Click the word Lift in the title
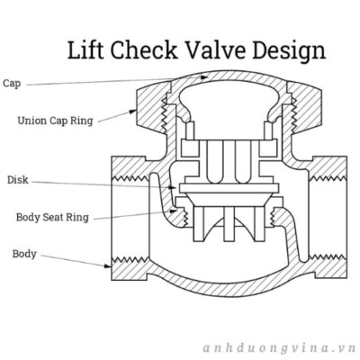coord(86,49)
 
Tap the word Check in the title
coord(144,49)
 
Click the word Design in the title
coord(289,51)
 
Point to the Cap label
coord(12,84)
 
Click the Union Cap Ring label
coord(55,121)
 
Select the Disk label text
coord(18,180)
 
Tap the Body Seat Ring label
coord(52,217)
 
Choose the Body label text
coord(24,254)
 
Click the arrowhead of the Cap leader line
coord(204,77)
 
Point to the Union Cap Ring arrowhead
coord(133,112)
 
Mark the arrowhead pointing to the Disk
coord(173,187)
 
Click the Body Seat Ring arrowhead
coord(173,211)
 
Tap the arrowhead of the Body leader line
coord(107,265)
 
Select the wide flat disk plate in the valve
coord(229,188)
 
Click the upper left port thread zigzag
coord(130,178)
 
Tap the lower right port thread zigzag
coord(328,257)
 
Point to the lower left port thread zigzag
coord(130,259)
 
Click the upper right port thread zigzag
coord(328,178)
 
